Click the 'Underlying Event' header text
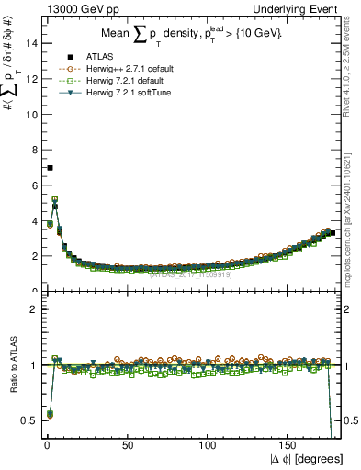click(305, 9)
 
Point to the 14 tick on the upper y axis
click(29, 43)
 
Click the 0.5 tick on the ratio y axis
click(28, 420)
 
